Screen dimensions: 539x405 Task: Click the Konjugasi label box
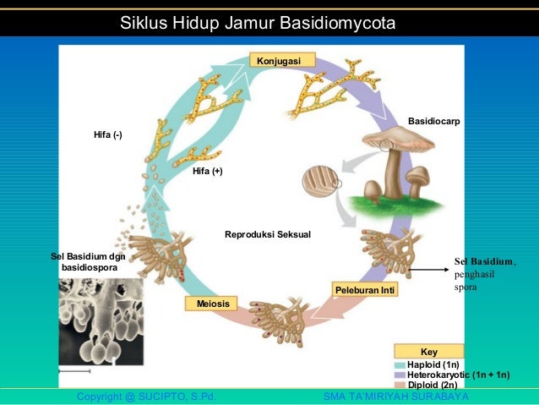coord(281,60)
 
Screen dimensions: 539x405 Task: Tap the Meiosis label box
coord(212,303)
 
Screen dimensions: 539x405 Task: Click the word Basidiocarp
coord(433,122)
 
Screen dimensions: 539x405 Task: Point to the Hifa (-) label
coord(107,135)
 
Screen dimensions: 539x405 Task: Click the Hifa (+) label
coord(208,171)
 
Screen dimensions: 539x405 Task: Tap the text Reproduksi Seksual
coord(268,233)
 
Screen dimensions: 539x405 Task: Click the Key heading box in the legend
coord(428,350)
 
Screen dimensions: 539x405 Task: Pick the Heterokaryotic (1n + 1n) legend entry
coord(452,374)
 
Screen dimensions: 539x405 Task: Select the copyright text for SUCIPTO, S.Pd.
coord(145,397)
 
